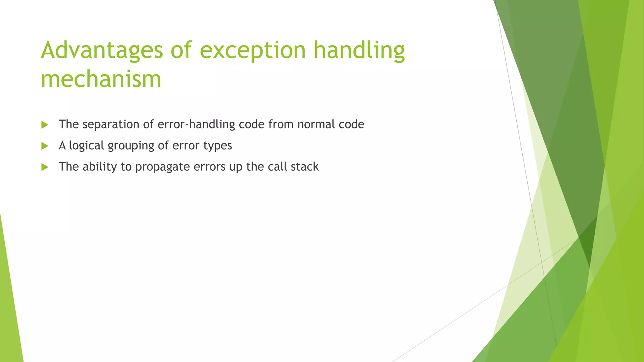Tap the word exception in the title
click(253, 50)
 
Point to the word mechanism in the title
click(101, 79)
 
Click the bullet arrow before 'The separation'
click(45, 125)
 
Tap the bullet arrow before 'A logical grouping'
click(45, 146)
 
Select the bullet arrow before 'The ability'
click(45, 167)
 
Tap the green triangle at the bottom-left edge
click(9, 314)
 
